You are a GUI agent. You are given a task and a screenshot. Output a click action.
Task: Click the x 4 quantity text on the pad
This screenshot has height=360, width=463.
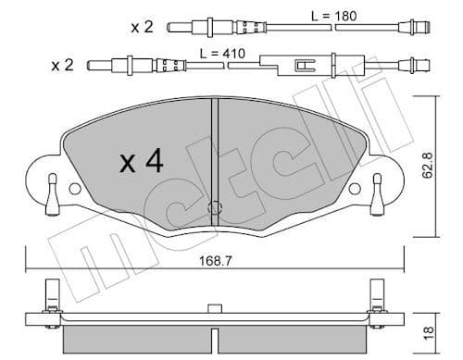tap(141, 164)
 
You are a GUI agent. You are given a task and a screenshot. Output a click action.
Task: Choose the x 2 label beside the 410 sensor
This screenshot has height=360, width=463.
tap(63, 67)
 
